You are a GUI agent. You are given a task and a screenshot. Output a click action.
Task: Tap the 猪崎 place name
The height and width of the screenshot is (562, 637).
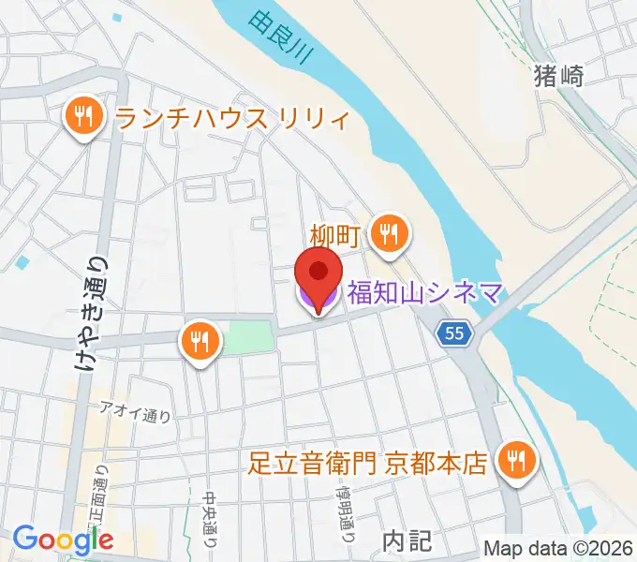point(558,76)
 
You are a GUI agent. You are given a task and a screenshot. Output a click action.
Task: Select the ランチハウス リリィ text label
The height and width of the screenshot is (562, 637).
point(231,119)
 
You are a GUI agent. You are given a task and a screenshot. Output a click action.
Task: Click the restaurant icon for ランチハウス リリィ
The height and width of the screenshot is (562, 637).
point(82,117)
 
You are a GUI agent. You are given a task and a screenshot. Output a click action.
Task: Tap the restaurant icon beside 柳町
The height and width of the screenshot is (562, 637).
point(389,232)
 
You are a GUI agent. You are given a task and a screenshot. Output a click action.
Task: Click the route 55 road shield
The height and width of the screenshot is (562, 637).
point(454,333)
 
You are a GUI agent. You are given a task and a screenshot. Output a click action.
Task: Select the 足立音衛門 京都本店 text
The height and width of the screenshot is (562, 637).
point(368,463)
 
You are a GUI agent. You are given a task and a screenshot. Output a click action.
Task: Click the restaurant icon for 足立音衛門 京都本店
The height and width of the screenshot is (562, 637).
point(515,460)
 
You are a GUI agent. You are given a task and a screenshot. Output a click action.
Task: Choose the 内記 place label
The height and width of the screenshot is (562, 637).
point(407,540)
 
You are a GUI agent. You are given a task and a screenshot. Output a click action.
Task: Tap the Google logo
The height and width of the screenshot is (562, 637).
point(64,539)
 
